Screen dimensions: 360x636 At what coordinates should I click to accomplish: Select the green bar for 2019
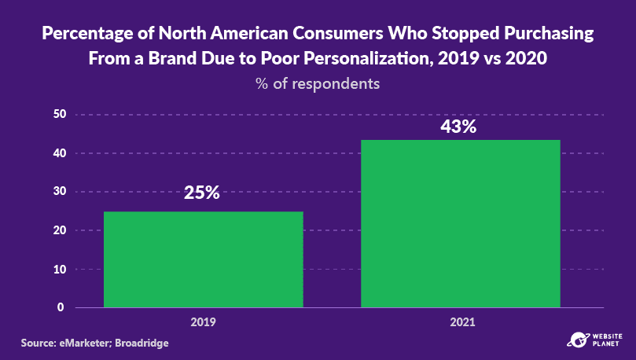[203, 259]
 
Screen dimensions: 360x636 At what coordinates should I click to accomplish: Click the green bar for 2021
[460, 224]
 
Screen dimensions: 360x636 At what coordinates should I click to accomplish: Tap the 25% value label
[202, 193]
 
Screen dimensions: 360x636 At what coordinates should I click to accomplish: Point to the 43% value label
[458, 127]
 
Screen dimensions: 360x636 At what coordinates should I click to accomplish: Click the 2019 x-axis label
[203, 322]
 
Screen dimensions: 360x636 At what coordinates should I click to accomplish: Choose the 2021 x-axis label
[460, 322]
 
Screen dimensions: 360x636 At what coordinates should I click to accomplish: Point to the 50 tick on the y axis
[59, 115]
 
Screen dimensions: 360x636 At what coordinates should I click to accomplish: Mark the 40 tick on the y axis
[59, 153]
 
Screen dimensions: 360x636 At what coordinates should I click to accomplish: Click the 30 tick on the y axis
[59, 192]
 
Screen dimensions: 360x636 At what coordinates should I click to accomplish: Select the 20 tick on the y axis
[59, 230]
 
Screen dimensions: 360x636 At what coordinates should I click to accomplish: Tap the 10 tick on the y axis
[59, 269]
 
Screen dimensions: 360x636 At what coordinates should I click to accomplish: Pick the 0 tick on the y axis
[60, 307]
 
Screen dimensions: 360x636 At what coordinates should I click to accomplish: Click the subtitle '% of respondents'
[318, 83]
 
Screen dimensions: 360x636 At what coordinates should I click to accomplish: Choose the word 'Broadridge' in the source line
[142, 343]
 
